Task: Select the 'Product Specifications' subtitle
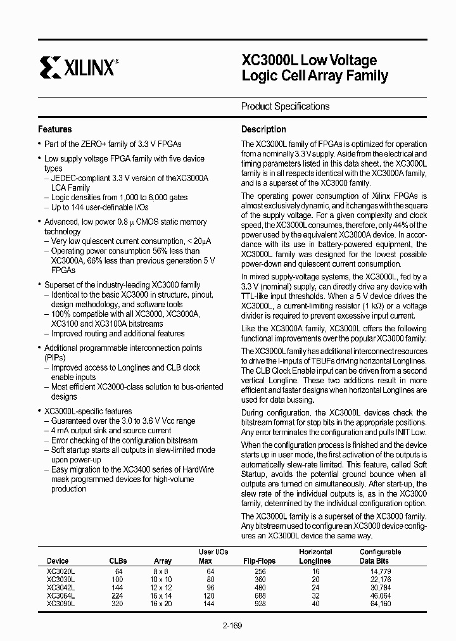(x=285, y=106)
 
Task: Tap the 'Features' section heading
(x=55, y=129)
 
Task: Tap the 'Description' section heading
(x=263, y=129)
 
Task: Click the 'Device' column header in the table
(x=58, y=561)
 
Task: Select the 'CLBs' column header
(x=118, y=561)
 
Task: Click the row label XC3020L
(x=61, y=571)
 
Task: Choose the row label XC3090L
(x=61, y=604)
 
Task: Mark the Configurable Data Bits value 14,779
(x=380, y=571)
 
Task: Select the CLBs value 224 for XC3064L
(x=118, y=595)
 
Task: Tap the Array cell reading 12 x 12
(x=163, y=587)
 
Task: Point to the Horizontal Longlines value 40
(x=315, y=604)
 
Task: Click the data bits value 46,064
(x=380, y=595)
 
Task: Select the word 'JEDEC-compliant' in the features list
(x=81, y=179)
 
